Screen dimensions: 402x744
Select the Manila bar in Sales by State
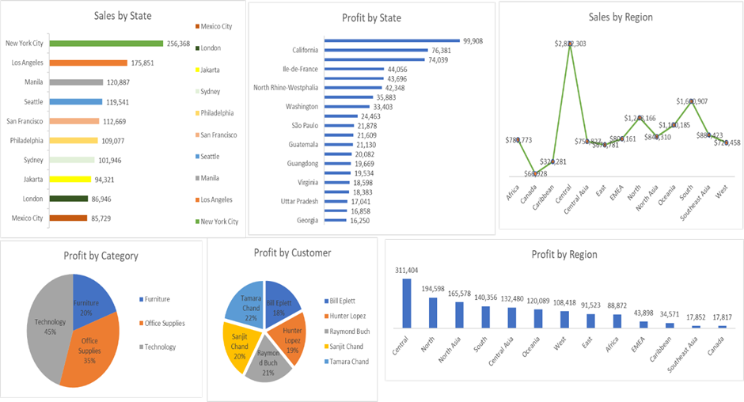76,82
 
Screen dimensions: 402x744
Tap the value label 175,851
148,63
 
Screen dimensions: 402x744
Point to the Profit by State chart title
371,17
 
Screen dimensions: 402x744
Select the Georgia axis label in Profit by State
307,221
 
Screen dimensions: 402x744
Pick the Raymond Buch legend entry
349,331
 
